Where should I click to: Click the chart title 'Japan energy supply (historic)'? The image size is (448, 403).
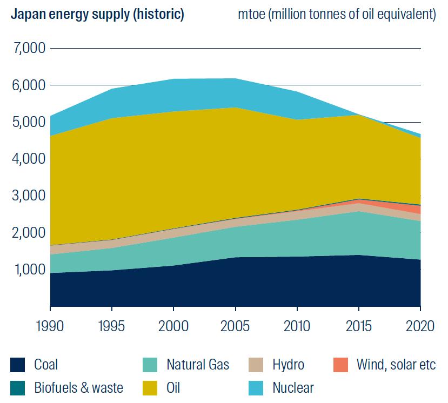[97, 14]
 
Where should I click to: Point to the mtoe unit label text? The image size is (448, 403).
[337, 14]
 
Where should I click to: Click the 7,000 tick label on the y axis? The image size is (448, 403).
[28, 49]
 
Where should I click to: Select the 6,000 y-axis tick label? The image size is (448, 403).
[28, 85]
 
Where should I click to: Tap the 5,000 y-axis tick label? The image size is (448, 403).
[28, 122]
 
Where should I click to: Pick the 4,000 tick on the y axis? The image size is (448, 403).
[28, 159]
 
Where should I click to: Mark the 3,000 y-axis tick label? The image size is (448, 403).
[28, 196]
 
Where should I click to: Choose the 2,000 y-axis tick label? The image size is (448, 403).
[28, 233]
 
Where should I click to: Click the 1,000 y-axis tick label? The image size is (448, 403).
[28, 269]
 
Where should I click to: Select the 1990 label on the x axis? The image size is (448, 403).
[50, 326]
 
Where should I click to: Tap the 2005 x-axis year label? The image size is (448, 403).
[235, 326]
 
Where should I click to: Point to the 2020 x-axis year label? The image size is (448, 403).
[420, 326]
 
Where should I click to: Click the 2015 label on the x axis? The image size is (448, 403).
[358, 326]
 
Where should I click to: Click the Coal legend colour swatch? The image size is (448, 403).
[17, 365]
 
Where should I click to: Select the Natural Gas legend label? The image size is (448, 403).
[198, 365]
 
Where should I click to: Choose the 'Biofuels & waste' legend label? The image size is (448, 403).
[78, 387]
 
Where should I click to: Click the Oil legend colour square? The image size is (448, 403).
[150, 387]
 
